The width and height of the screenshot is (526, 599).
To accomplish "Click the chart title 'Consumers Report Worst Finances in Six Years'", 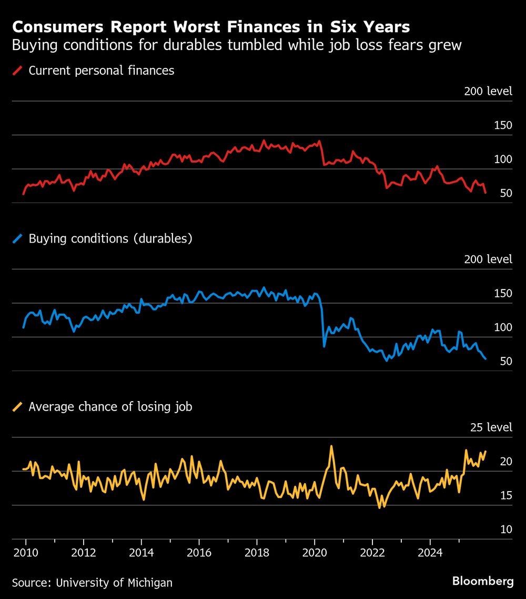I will pos(211,27).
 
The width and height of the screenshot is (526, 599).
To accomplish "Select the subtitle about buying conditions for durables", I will pos(237,45).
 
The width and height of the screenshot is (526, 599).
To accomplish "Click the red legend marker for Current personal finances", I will pos(18,71).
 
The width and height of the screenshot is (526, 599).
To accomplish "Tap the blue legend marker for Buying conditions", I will pos(18,239).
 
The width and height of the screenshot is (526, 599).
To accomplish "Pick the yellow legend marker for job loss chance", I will pos(18,407).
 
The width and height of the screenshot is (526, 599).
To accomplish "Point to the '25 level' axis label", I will pos(491,427).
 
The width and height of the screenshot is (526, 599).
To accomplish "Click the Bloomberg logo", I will pos(483,581).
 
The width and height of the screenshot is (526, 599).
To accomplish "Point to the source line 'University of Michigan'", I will pos(92,583).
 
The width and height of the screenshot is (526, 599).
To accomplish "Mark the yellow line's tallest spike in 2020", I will pos(331,446).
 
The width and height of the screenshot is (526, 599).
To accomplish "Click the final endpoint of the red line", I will pos(485,193).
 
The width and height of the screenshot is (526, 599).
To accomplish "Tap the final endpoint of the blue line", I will pos(485,359).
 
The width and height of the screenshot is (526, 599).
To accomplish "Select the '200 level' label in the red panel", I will pos(488,91).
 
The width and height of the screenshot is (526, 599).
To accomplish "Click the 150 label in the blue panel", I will pos(503,293).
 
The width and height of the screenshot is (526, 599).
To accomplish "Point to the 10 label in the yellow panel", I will pos(506,529).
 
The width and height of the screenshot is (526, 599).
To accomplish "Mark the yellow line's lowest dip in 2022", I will pos(379,507).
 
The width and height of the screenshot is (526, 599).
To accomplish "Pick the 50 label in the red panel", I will pos(506,193).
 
